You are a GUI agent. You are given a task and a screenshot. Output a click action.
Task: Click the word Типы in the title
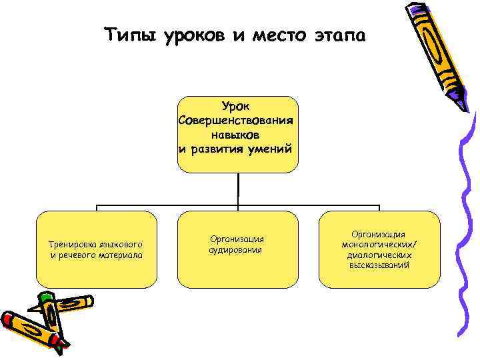[x=131, y=35]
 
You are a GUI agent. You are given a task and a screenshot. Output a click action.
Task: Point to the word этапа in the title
[x=339, y=35]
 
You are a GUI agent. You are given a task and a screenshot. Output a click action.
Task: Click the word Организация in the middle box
[x=237, y=239]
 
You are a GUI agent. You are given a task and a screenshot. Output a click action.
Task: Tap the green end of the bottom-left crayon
[x=45, y=297]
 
